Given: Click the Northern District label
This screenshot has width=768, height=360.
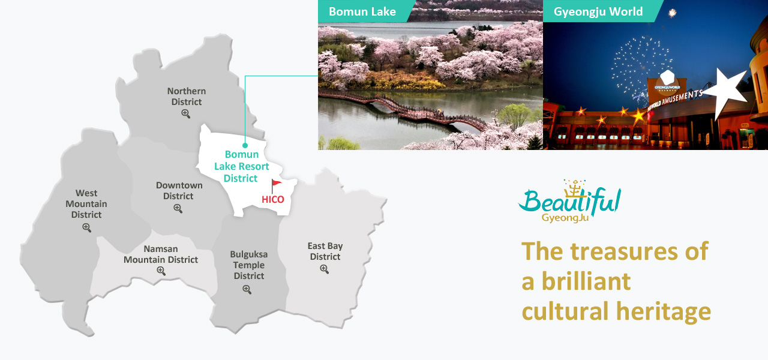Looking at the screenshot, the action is tap(187, 97).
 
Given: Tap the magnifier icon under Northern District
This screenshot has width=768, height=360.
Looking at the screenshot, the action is tap(185, 113).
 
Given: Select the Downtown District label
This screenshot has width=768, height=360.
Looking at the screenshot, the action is tap(179, 191).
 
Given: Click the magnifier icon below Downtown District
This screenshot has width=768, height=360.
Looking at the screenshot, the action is tap(178, 208).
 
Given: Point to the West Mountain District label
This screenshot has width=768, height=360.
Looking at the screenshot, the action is tap(86, 204).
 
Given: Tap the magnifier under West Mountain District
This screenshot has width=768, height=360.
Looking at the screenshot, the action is tap(87, 227).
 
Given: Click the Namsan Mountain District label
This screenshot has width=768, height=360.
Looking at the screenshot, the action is tap(161, 254).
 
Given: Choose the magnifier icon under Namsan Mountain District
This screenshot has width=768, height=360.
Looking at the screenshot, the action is tap(161, 271).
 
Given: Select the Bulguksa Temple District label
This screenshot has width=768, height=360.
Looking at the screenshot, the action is tap(249, 265).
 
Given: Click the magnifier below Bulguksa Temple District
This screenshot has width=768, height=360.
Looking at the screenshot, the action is tap(247, 290).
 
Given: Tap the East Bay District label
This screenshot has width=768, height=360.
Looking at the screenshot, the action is tap(325, 251).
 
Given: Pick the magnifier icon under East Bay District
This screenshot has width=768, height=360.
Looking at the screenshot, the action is tap(324, 269).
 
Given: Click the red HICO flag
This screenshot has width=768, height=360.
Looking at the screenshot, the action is tap(276, 186).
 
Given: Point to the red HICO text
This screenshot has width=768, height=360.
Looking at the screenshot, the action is tap(273, 200).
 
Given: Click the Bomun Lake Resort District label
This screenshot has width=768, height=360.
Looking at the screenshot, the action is tap(241, 166).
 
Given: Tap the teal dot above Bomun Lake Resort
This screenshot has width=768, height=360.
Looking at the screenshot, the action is tap(245, 145).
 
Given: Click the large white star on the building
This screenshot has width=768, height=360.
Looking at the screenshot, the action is tap(726, 91).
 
